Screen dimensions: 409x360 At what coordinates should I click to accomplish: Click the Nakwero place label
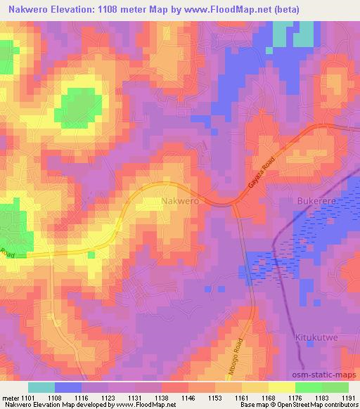click(180, 201)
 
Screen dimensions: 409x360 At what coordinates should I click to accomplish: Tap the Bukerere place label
click(311, 201)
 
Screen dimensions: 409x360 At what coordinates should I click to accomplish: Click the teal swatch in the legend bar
click(41, 387)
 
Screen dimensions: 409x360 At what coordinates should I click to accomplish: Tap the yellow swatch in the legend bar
click(282, 387)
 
